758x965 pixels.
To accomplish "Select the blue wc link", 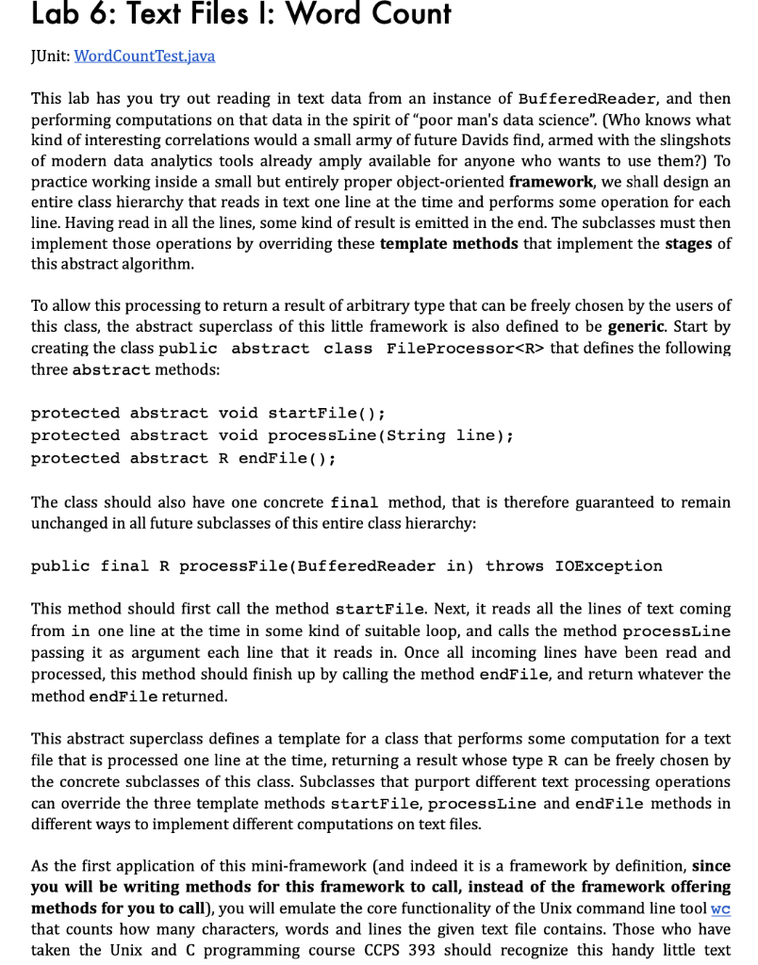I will pyautogui.click(x=720, y=908).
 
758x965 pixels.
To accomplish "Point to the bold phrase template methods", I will pyautogui.click(x=449, y=243).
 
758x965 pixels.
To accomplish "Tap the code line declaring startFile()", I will pyautogui.click(x=208, y=413).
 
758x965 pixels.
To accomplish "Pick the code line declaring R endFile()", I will pyautogui.click(x=184, y=458).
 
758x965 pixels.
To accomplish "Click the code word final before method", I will pyautogui.click(x=354, y=502).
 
